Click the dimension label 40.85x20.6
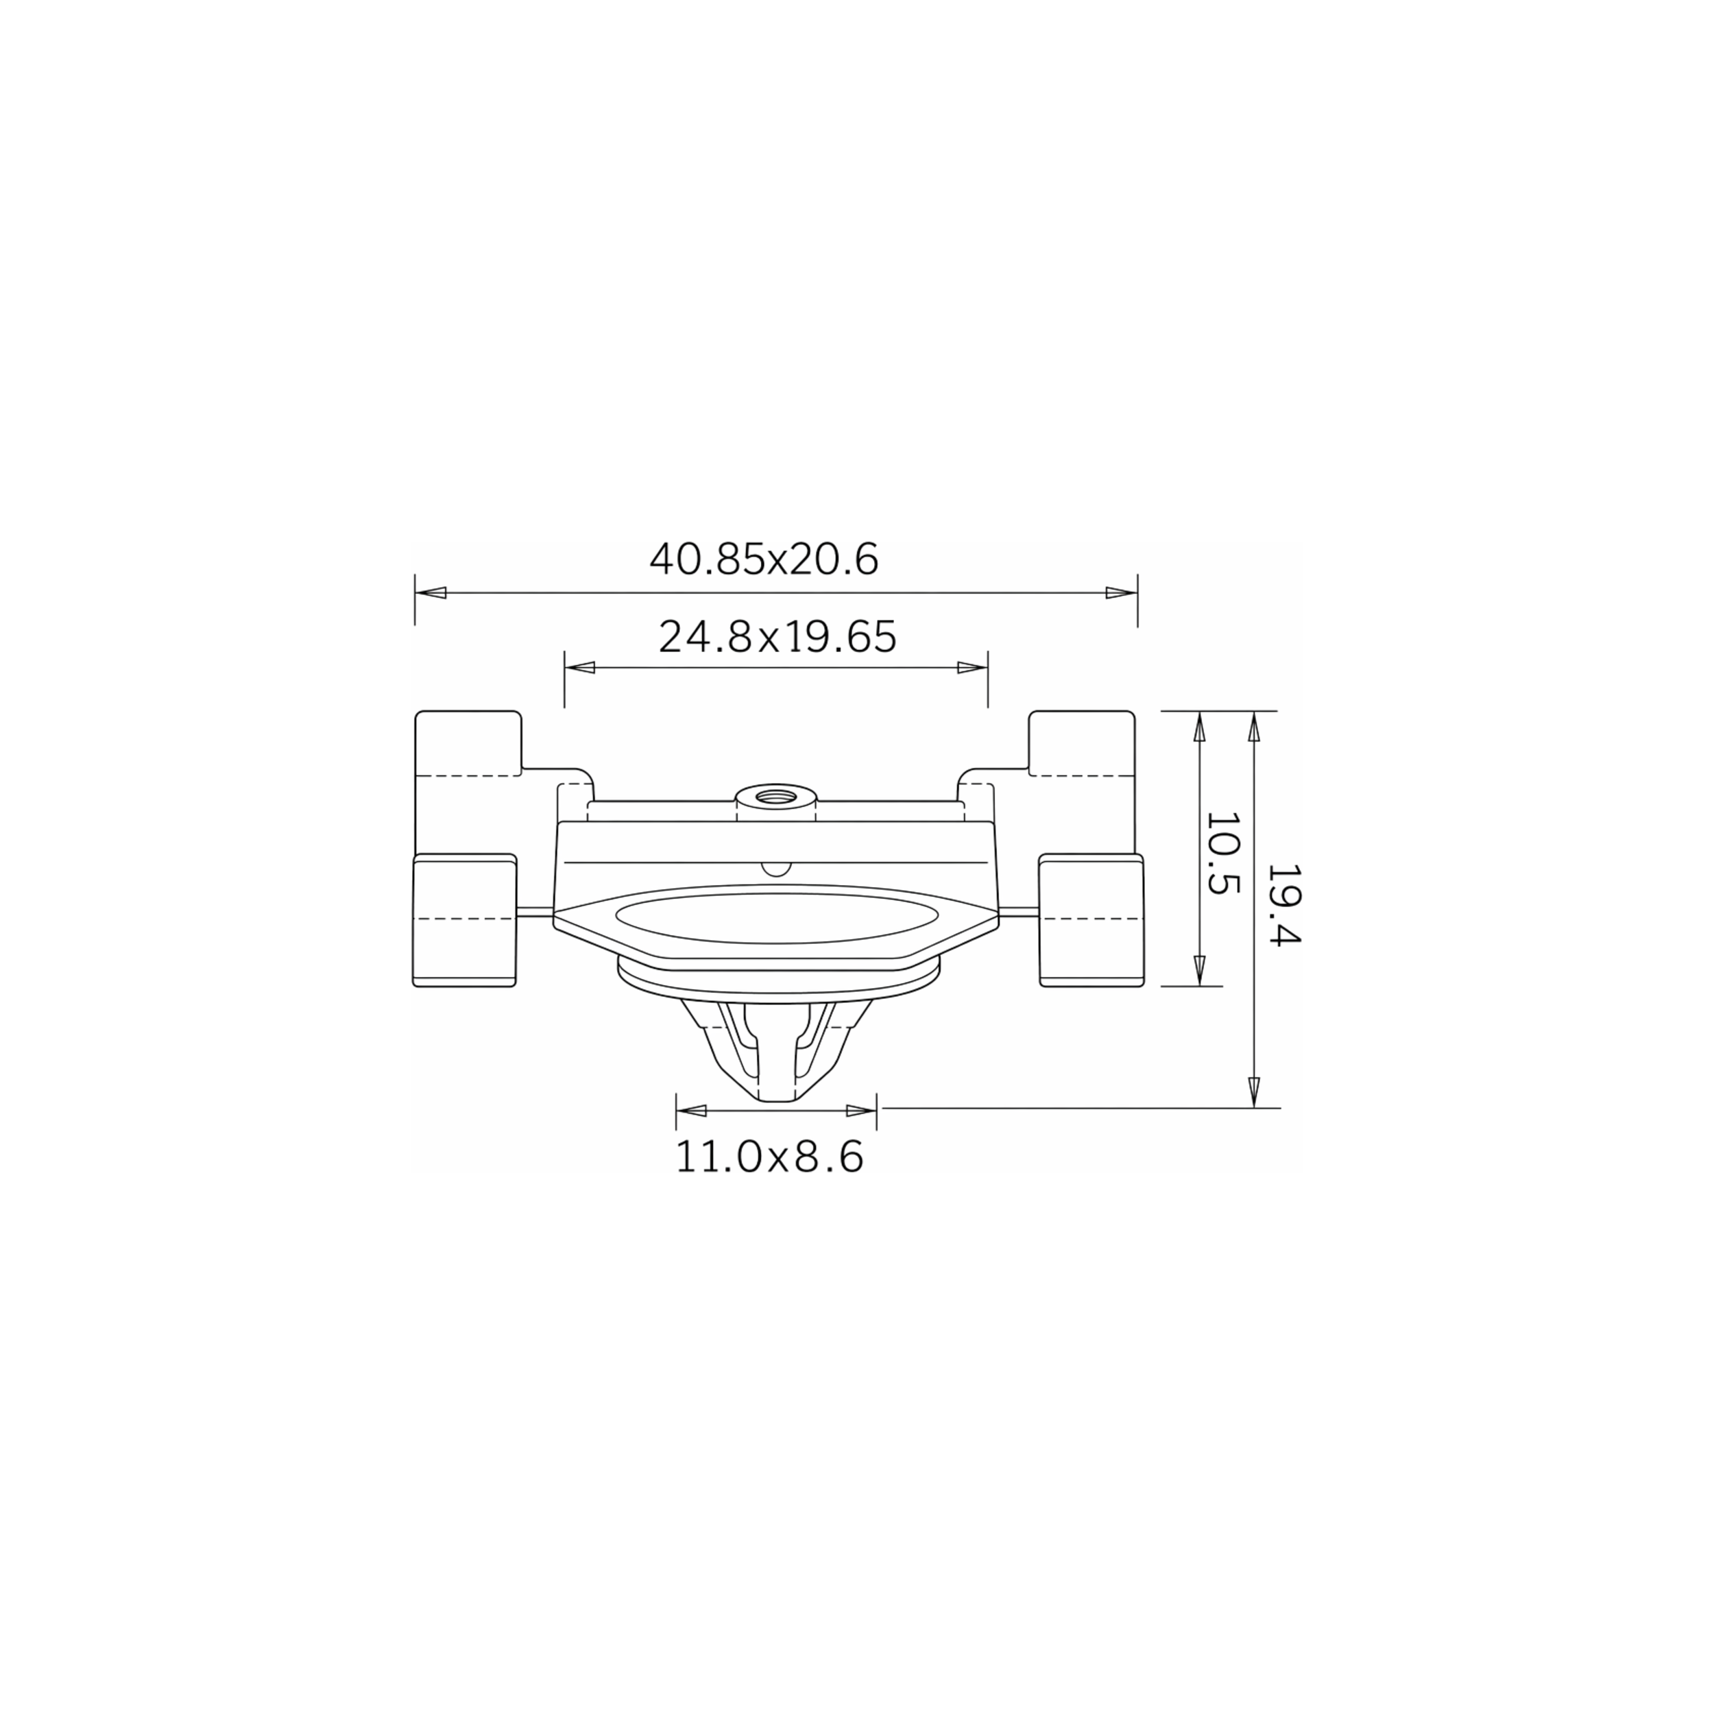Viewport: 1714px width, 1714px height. pos(764,559)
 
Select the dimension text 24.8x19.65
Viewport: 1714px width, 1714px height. pos(777,636)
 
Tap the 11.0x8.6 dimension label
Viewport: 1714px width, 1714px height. pos(769,1157)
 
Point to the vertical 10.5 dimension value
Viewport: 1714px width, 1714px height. pos(1222,854)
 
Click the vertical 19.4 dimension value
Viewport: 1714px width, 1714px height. pos(1283,906)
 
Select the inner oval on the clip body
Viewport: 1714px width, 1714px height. pos(776,918)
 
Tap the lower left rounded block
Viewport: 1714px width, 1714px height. pos(465,920)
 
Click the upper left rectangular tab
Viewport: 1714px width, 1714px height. pos(468,781)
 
